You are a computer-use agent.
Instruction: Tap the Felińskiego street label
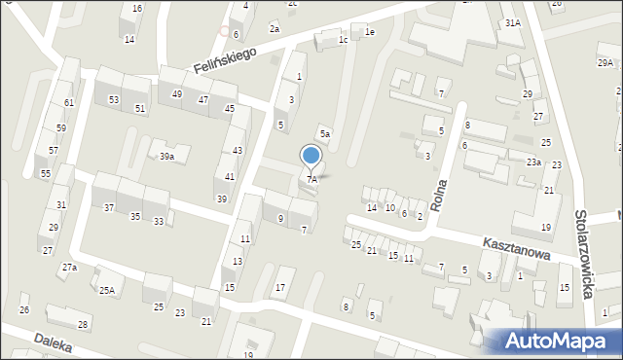pyautogui.click(x=224, y=56)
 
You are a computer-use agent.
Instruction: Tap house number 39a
pyautogui.click(x=167, y=157)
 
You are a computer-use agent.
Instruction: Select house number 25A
pyautogui.click(x=106, y=289)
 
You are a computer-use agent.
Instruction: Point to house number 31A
pyautogui.click(x=512, y=22)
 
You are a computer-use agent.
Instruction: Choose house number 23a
pyautogui.click(x=533, y=162)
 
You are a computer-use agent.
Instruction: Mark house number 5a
pyautogui.click(x=326, y=134)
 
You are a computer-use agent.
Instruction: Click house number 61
pyautogui.click(x=68, y=102)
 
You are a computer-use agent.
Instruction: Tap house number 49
pyautogui.click(x=176, y=94)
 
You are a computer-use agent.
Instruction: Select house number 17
pyautogui.click(x=280, y=287)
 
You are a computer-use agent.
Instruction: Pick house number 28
pyautogui.click(x=83, y=324)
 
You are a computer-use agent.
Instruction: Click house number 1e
pyautogui.click(x=369, y=32)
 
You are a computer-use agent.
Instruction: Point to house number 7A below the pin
pyautogui.click(x=311, y=180)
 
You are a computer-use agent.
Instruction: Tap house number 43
pyautogui.click(x=238, y=150)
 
